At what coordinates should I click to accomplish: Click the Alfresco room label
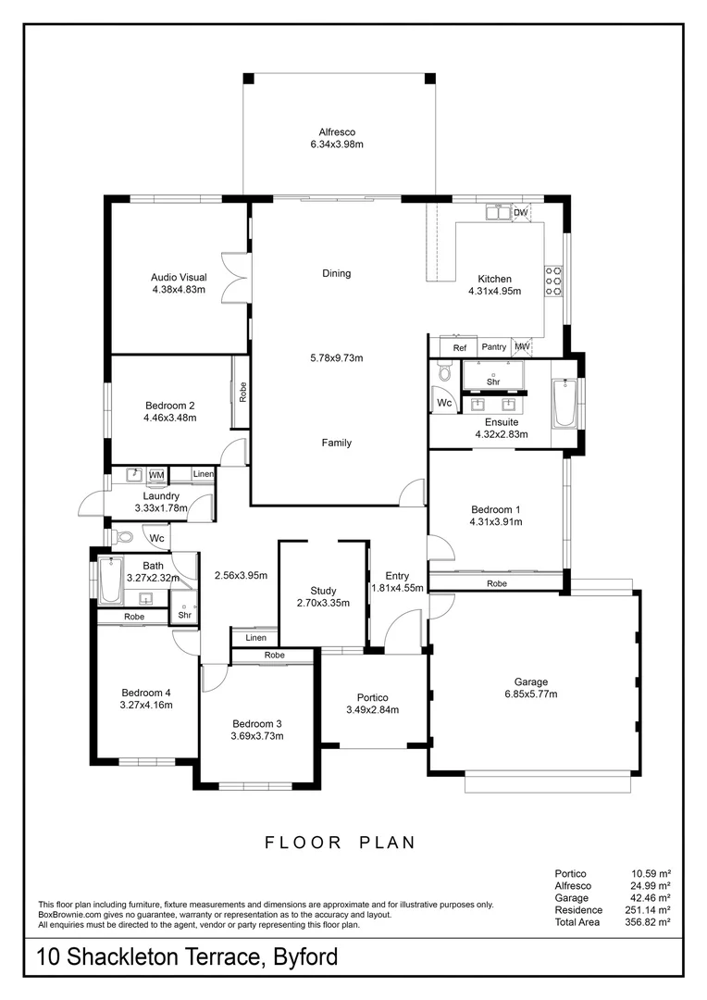tap(337, 132)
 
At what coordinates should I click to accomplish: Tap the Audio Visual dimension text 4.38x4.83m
tap(179, 290)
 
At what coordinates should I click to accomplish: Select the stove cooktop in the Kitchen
tap(552, 281)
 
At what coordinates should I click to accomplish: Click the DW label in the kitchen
tap(521, 212)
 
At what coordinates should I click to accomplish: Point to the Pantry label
tap(494, 347)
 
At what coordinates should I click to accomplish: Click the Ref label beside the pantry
tap(460, 348)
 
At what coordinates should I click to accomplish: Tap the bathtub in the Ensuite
tap(564, 403)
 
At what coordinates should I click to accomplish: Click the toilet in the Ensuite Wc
tap(443, 371)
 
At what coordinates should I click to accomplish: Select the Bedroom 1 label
tap(495, 509)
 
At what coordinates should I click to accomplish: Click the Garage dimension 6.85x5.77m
tap(531, 694)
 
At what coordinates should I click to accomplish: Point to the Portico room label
tap(372, 698)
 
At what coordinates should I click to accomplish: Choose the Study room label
tap(323, 591)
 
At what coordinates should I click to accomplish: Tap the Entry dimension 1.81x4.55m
tap(397, 588)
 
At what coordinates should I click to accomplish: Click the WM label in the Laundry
tap(156, 475)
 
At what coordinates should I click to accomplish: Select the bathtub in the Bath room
tap(110, 580)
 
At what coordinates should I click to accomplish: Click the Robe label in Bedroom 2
tap(242, 392)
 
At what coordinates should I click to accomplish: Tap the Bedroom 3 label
tap(257, 724)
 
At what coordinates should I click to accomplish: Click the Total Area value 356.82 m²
tap(648, 922)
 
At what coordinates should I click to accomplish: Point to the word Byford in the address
tap(305, 957)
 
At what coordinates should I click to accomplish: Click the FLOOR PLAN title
tap(340, 843)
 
